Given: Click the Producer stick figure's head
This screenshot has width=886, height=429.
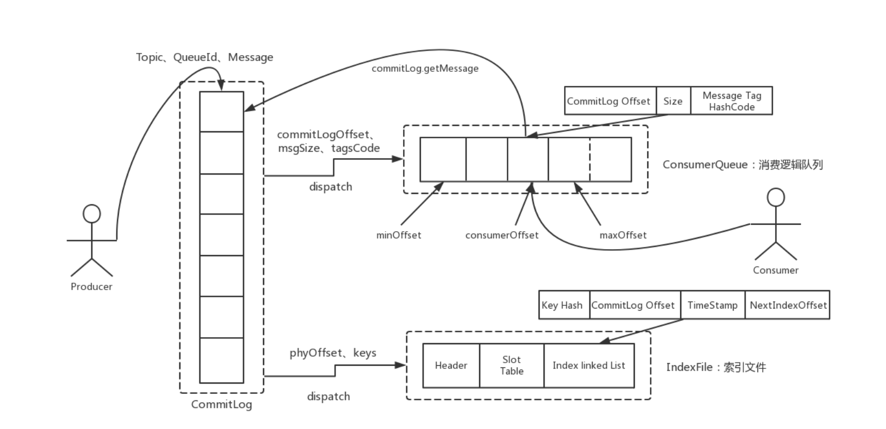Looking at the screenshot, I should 92,214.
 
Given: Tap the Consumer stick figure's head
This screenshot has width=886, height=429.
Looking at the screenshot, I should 776,198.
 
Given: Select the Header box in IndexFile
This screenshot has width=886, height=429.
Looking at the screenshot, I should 451,366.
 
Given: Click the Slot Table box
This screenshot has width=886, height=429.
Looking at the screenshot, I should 512,366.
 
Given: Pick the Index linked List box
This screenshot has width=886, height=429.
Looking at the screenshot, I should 589,366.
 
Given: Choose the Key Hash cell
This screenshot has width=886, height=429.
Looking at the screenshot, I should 562,305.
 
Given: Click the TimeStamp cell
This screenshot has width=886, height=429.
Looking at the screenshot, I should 712,305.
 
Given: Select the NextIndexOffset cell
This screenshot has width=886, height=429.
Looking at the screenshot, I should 788,305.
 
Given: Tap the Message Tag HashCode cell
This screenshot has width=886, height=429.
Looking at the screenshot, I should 731,101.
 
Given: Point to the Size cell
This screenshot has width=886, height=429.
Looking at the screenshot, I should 673,101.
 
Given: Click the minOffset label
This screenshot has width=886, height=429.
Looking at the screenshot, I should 399,235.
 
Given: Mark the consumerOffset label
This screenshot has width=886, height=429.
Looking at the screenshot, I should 502,235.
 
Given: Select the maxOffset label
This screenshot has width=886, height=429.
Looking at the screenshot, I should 623,235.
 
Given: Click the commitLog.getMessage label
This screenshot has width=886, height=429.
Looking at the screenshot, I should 425,69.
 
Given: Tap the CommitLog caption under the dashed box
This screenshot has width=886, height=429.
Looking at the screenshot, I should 222,404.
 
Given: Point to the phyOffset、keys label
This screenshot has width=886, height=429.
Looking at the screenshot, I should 333,353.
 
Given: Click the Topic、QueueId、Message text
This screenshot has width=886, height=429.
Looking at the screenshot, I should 204,57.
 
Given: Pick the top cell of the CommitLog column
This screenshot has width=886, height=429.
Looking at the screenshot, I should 222,111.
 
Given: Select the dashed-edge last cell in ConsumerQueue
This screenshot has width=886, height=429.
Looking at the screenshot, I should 610,159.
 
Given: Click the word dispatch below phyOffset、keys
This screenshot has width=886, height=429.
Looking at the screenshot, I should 328,397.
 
